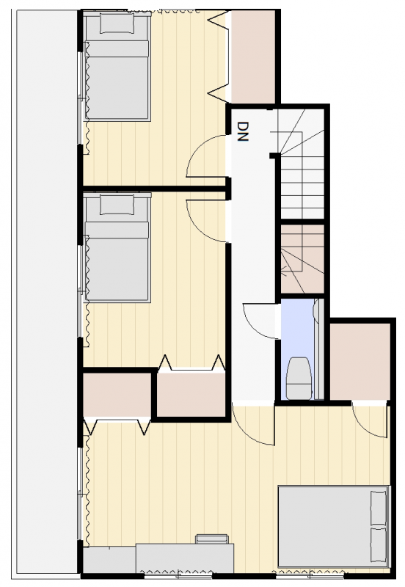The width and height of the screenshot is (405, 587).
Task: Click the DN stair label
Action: (x=243, y=131)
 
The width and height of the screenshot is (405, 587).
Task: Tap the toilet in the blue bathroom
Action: (x=299, y=378)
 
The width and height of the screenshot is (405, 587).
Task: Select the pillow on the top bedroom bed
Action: (x=117, y=23)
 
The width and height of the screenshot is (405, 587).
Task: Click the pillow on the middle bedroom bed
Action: (x=117, y=205)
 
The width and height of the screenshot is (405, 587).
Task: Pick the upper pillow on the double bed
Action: (x=378, y=507)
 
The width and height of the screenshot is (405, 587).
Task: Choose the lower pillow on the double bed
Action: (x=378, y=544)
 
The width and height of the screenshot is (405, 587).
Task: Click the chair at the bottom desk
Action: (x=212, y=539)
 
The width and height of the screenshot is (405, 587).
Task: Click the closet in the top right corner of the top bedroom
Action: (x=253, y=56)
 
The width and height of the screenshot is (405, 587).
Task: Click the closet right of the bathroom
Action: (x=360, y=362)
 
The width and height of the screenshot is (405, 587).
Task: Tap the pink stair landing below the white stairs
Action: (x=302, y=259)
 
